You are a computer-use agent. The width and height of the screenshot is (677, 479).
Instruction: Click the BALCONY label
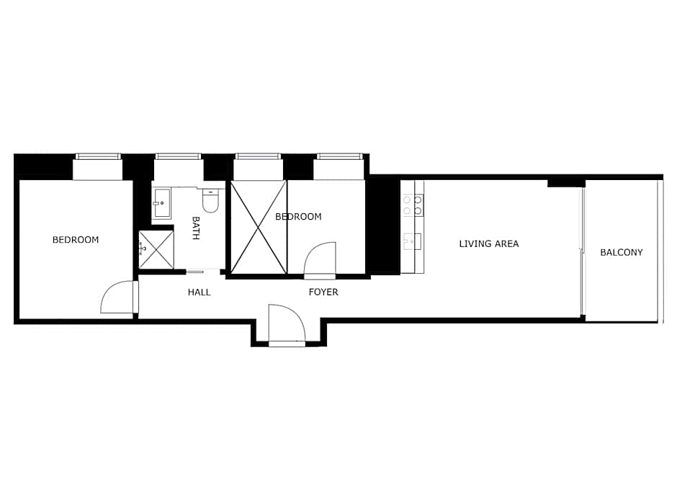click(621, 252)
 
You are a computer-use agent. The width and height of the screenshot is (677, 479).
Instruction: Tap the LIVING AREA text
click(488, 243)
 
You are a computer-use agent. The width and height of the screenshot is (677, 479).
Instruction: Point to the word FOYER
click(323, 292)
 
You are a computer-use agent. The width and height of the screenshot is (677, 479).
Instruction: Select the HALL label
click(199, 292)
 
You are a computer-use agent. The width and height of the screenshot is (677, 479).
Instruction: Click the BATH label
click(195, 228)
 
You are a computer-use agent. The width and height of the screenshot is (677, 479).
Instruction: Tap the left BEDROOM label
click(76, 240)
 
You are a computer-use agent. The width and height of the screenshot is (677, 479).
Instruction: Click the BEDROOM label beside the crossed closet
click(298, 216)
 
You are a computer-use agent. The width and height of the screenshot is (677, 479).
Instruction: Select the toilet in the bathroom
click(210, 200)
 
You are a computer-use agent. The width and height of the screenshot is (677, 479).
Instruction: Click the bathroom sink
click(161, 203)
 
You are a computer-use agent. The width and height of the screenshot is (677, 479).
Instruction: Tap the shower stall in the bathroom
click(156, 249)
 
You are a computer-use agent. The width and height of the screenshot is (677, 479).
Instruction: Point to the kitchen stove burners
click(413, 205)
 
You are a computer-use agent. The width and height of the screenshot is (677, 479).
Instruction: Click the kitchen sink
click(413, 241)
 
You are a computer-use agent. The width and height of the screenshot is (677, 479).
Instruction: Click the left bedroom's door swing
click(117, 297)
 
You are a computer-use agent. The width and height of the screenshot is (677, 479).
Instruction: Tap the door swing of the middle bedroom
click(320, 259)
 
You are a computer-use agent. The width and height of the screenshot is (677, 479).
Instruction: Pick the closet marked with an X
click(259, 227)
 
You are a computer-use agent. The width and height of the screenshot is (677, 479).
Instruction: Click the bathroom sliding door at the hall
click(195, 272)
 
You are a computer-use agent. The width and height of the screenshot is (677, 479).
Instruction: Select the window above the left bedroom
click(98, 156)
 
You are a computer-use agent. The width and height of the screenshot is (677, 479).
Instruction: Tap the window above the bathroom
click(178, 156)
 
